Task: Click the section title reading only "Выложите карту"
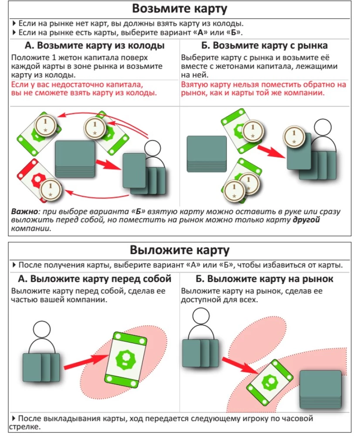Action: point(180,250)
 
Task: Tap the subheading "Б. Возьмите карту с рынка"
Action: point(265,46)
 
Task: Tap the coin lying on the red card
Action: point(50,189)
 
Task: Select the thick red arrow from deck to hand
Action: point(107,165)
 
